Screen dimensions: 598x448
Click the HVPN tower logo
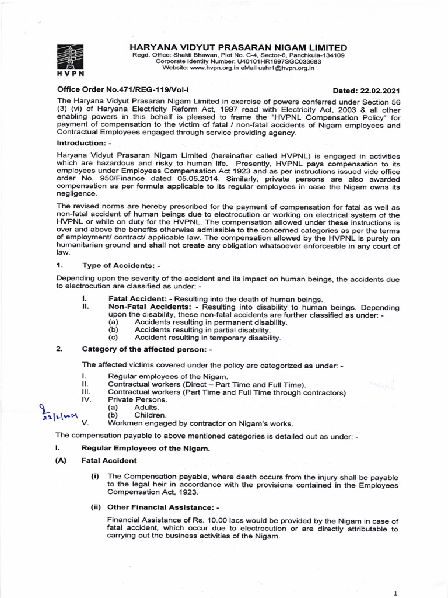70,60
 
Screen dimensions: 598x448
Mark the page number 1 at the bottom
395,593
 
